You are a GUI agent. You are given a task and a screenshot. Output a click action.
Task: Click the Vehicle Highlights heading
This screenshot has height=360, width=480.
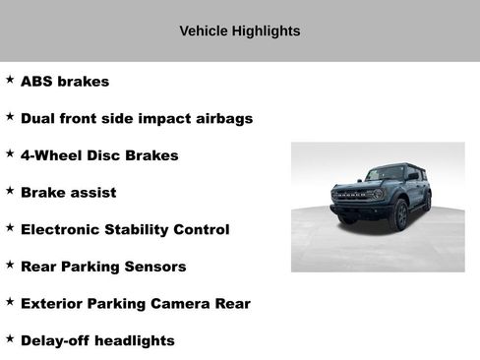click(240, 31)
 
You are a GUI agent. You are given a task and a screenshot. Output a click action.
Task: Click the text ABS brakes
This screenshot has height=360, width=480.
click(65, 82)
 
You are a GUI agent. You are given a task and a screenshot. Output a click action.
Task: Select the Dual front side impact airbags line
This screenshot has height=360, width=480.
click(137, 119)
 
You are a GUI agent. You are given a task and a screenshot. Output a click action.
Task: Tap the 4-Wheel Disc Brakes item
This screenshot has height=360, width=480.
click(99, 155)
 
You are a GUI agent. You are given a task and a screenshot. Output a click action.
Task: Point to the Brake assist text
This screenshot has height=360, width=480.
click(68, 193)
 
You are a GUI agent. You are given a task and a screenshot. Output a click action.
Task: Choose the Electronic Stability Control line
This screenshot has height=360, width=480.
click(125, 229)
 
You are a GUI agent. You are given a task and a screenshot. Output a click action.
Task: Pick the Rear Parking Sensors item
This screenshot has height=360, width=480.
click(103, 267)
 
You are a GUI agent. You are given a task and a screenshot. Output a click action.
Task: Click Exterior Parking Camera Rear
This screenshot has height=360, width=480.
click(135, 304)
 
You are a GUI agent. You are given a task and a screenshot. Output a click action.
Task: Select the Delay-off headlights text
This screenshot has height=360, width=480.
click(97, 340)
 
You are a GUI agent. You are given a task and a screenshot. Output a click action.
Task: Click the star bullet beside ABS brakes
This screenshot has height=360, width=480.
click(10, 79)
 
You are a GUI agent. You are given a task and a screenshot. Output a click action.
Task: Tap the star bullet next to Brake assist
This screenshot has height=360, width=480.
click(10, 190)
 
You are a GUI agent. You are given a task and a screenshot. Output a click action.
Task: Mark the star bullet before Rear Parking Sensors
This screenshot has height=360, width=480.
click(10, 264)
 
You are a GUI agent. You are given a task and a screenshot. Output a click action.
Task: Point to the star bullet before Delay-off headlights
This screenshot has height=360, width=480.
click(10, 337)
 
